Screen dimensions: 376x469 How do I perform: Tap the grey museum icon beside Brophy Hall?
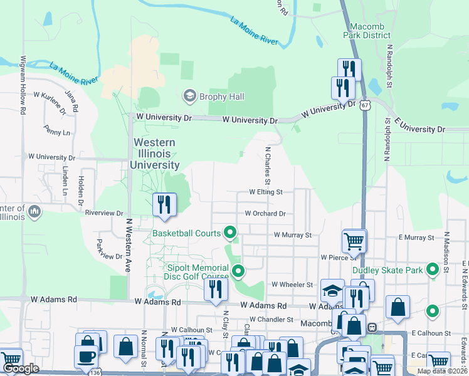tap(189, 96)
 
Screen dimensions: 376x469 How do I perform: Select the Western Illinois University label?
tap(155, 154)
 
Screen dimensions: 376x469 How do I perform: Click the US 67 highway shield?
tap(365, 105)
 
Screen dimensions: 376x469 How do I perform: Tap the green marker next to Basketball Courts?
tap(230, 233)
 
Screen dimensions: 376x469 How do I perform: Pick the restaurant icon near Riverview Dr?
tap(165, 205)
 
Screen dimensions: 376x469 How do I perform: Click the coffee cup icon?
tap(86, 356)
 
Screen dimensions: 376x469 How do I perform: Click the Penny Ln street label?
tap(58, 132)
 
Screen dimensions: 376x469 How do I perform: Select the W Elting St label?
tap(266, 192)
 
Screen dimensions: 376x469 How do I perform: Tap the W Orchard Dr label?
tap(265, 213)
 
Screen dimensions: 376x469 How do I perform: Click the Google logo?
tap(21, 368)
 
